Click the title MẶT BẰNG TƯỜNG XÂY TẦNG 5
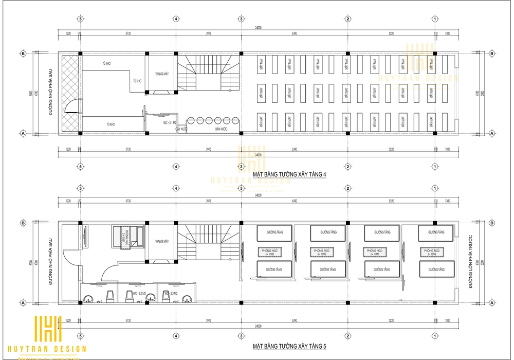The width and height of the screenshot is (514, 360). click(x=290, y=346)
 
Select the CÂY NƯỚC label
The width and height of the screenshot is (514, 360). click(x=180, y=129)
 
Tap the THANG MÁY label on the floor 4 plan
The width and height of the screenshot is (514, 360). click(x=162, y=74)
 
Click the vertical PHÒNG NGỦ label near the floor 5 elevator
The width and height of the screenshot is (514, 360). click(x=125, y=237)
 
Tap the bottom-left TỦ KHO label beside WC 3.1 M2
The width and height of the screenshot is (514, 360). click(x=111, y=124)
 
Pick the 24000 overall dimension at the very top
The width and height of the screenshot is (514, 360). click(x=258, y=28)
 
